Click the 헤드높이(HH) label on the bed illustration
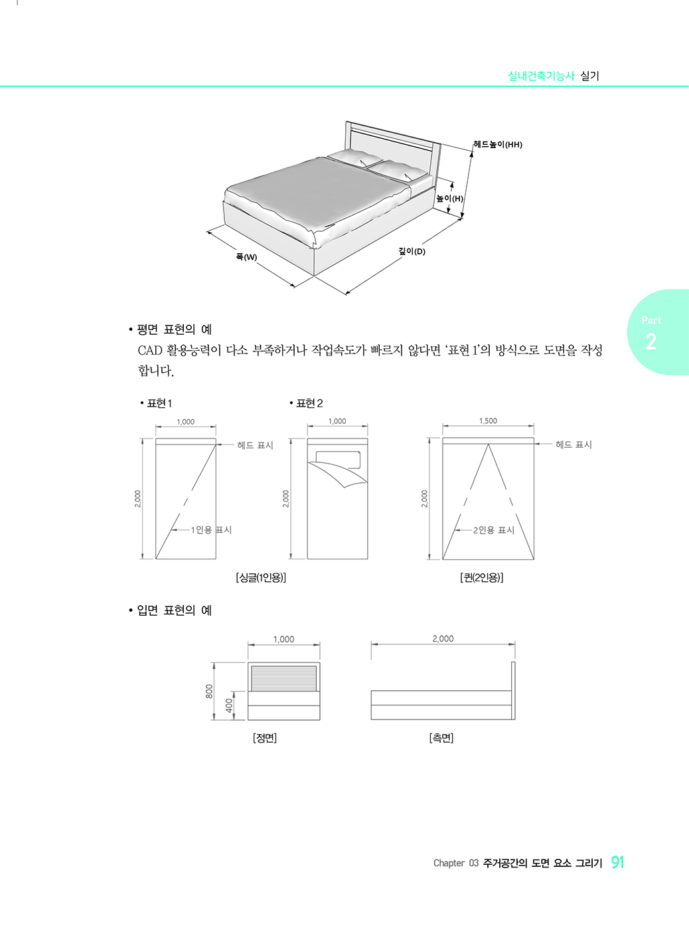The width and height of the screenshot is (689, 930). pos(498,145)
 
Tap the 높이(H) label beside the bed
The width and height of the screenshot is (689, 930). pos(449,199)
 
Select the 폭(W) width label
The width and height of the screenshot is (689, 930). pos(246,256)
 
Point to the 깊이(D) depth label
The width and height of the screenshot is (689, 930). pos(412,251)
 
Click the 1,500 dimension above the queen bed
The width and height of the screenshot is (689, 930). pos(489,420)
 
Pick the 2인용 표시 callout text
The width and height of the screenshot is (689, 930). pos(494,530)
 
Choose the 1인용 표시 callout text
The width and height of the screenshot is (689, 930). pos(211,529)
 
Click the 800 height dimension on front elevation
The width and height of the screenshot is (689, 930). pos(208,692)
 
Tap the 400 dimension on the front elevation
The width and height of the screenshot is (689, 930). pos(229,705)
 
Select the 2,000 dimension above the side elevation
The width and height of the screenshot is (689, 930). pos(443,638)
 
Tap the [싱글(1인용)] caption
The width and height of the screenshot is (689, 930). pos(261,577)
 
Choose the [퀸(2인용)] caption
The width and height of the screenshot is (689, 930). pos(481,577)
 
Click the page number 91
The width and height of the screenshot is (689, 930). pos(618,862)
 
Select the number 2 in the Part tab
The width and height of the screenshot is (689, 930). pos(651,342)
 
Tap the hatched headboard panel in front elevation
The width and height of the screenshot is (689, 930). pos(283,678)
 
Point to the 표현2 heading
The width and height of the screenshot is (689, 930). pos(309,403)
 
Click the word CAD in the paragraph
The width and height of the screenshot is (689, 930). pos(150,350)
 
